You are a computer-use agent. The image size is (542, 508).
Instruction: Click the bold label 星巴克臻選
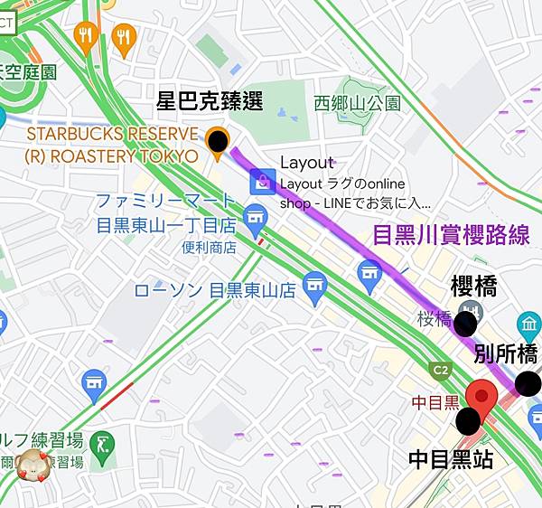pos(210,101)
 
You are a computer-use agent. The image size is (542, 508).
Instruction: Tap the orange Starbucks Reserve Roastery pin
pos(218,143)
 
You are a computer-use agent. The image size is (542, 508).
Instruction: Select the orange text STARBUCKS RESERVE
pos(111,134)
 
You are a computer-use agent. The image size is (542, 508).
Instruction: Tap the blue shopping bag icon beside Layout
pos(262,181)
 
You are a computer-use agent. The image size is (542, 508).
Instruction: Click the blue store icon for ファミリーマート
pos(257,217)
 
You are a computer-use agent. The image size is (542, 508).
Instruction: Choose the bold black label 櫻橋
pos(474,287)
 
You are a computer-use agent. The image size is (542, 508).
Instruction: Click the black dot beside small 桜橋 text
pos(467,324)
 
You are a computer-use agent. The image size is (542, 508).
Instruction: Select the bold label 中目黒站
pos(451,459)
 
